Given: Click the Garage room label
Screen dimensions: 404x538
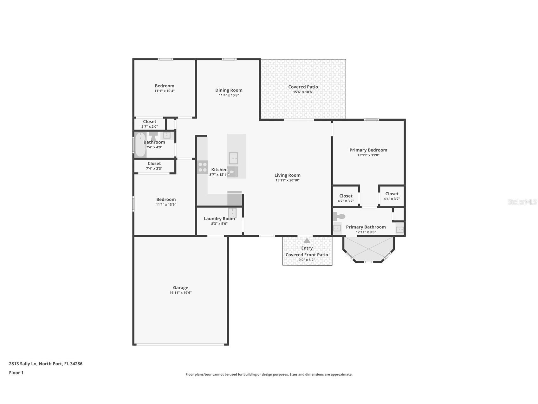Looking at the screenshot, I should coord(180,288).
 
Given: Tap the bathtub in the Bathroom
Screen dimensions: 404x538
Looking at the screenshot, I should coord(140,145).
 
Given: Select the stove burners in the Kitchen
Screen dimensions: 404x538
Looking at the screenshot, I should coord(203,167).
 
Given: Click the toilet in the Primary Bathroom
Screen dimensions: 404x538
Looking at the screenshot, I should coord(339,217).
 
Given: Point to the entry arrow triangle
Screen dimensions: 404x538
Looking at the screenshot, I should coord(307,241).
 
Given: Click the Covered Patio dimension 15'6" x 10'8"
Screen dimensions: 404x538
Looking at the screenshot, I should coord(303,92).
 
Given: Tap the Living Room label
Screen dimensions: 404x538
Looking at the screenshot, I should coord(287,175).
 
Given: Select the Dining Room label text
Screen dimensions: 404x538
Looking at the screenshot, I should coord(229,90).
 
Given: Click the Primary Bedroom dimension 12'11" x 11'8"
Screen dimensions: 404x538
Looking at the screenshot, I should coord(368,155).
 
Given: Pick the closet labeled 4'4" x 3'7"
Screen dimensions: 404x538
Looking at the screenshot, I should coord(392,196).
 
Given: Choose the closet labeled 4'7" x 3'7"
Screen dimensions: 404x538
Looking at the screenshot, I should coord(346,198).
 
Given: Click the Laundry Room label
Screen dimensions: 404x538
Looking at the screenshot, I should coord(219,219).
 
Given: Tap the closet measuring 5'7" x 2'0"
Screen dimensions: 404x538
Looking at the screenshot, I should coord(149,124).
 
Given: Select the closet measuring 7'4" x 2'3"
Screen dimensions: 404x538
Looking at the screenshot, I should coord(154,166).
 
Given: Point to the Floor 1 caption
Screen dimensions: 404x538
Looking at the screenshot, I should coord(16,373).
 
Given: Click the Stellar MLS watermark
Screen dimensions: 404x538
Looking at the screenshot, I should coord(522,202).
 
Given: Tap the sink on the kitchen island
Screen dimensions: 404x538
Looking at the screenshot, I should coord(233,158).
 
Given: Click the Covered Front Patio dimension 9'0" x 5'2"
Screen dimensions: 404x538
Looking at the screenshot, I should coord(307,260).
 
